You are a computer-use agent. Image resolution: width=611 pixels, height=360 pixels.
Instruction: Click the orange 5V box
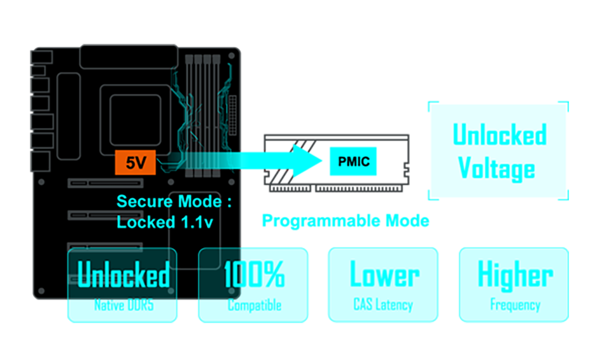pyautogui.click(x=136, y=163)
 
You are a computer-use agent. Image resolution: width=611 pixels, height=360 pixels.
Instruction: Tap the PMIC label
pyautogui.click(x=353, y=163)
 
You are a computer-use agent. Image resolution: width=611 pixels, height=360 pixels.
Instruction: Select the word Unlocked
pyautogui.click(x=123, y=275)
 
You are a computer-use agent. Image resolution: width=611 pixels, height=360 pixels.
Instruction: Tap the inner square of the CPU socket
pyautogui.click(x=136, y=121)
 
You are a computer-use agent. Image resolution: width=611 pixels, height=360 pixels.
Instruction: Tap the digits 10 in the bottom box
pyautogui.click(x=230, y=276)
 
